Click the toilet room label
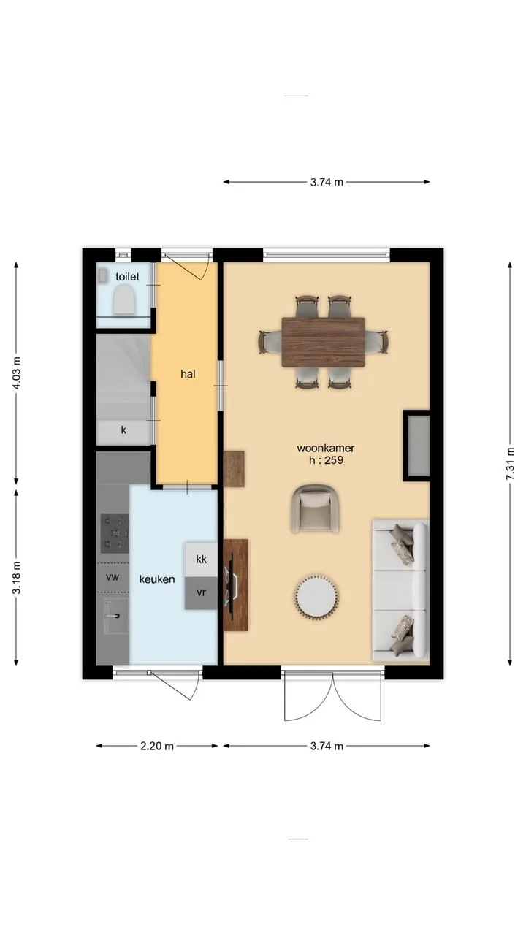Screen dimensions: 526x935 click(x=127, y=277)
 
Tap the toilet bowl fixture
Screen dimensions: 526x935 click(x=124, y=302)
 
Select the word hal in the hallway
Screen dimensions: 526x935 click(x=188, y=374)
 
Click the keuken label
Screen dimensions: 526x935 click(x=157, y=579)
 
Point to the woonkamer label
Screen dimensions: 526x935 click(x=326, y=449)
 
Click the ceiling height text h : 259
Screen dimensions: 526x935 click(x=326, y=460)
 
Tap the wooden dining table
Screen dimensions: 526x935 click(x=323, y=343)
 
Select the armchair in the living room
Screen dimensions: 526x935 click(x=315, y=508)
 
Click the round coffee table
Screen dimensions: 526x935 click(x=317, y=596)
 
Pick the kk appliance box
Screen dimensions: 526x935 click(x=201, y=560)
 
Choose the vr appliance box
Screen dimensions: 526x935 click(x=201, y=593)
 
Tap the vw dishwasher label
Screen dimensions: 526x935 click(x=113, y=577)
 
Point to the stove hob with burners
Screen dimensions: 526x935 click(x=115, y=533)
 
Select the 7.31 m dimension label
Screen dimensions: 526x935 click(x=510, y=464)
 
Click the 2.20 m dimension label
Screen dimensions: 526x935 click(x=157, y=747)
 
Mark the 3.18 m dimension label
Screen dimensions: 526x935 click(x=16, y=578)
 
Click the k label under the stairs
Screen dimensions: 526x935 click(x=123, y=430)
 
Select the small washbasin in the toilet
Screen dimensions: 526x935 click(x=103, y=275)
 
